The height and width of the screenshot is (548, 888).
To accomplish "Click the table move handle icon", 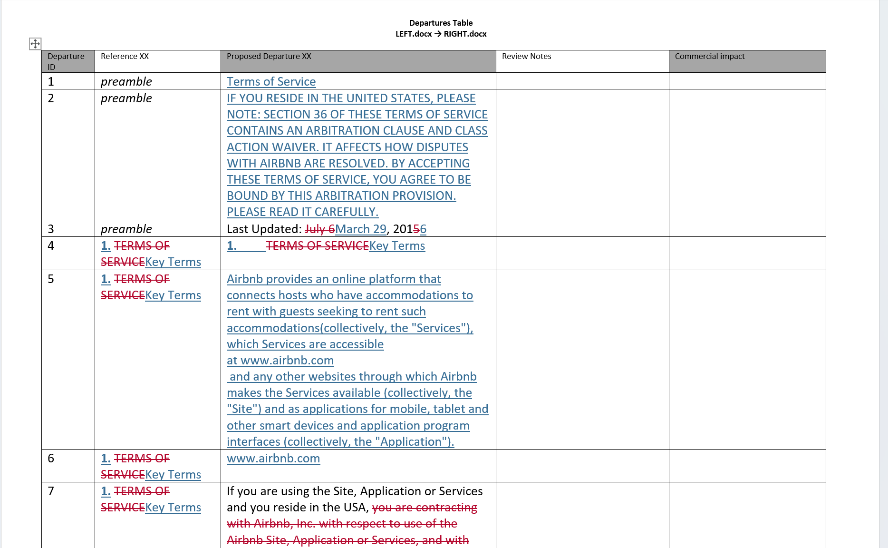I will pyautogui.click(x=35, y=44).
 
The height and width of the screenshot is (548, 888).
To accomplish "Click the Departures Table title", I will pyautogui.click(x=441, y=23).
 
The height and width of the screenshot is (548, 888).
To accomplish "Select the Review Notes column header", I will pyautogui.click(x=526, y=56).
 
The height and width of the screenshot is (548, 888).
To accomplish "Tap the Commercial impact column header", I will pyautogui.click(x=709, y=56).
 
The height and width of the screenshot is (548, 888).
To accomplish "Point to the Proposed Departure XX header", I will pyautogui.click(x=269, y=56).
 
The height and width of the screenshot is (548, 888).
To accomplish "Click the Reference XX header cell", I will pyautogui.click(x=125, y=56).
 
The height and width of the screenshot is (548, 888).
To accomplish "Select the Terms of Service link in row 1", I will pyautogui.click(x=271, y=81).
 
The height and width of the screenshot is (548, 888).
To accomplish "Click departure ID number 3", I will pyautogui.click(x=51, y=229).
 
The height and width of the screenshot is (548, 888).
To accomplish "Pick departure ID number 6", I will pyautogui.click(x=51, y=458).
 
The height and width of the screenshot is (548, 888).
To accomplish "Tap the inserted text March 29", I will pyautogui.click(x=361, y=229).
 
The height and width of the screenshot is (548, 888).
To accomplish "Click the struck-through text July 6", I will pyautogui.click(x=319, y=229).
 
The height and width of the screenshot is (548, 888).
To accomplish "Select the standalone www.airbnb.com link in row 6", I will pyautogui.click(x=273, y=458).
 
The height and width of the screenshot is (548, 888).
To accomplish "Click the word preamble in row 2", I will pyautogui.click(x=126, y=98).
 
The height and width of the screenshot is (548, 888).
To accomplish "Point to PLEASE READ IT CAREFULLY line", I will pyautogui.click(x=302, y=212).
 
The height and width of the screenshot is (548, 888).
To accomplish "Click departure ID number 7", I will pyautogui.click(x=51, y=491).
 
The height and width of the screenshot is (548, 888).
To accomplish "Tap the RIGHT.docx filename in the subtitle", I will pyautogui.click(x=465, y=34).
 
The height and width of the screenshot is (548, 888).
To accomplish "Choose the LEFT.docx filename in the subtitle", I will pyautogui.click(x=414, y=34).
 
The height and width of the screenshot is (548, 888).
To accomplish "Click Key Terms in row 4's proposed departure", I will pyautogui.click(x=397, y=245).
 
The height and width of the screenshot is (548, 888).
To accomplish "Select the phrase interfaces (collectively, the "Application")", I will pyautogui.click(x=340, y=441).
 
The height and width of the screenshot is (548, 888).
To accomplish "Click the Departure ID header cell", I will pyautogui.click(x=66, y=61).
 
